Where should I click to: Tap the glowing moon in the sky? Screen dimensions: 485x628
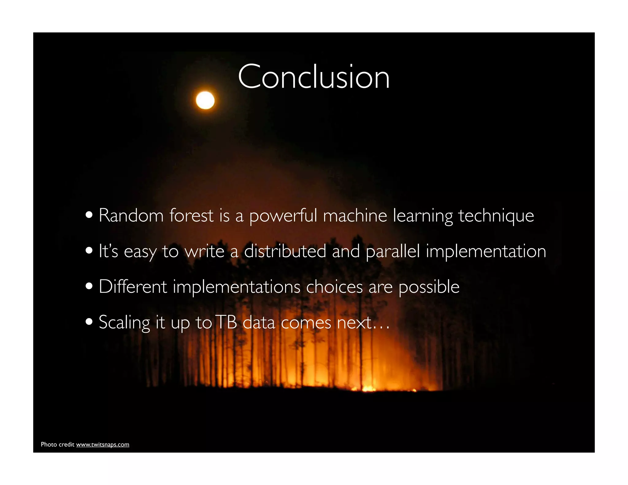click(x=205, y=100)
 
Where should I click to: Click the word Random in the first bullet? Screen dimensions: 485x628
click(x=131, y=215)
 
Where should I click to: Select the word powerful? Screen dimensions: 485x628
click(x=283, y=216)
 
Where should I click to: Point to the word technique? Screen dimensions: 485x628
click(x=496, y=216)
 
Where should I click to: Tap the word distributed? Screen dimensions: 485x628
click(x=285, y=251)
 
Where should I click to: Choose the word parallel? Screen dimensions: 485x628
click(x=392, y=252)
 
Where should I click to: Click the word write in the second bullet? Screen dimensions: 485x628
click(x=205, y=251)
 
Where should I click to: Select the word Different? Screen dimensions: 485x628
click(x=133, y=287)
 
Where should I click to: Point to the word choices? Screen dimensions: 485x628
click(x=334, y=287)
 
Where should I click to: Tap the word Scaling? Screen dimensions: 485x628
click(x=124, y=323)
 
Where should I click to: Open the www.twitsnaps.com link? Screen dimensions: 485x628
click(x=102, y=445)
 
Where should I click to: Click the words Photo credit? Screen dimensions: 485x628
click(x=58, y=445)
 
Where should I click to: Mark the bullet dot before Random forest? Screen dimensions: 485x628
click(x=89, y=215)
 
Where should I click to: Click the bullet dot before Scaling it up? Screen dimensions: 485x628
click(x=89, y=322)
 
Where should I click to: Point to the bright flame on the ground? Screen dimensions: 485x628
click(x=368, y=389)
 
